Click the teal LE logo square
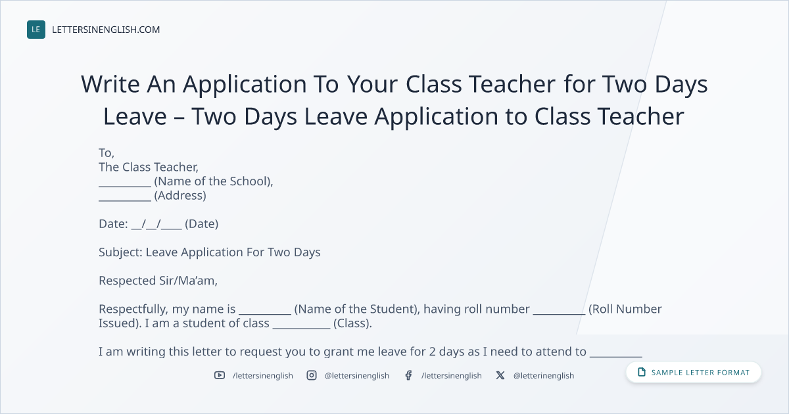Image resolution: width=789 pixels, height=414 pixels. coord(36,30)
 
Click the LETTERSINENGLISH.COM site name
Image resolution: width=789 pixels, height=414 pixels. coord(106,30)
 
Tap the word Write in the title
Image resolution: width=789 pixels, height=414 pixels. coord(110,84)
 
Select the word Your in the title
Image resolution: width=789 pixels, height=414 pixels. coord(372,85)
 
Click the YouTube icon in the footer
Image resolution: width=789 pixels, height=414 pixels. coord(220,375)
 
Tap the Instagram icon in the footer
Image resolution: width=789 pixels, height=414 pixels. coord(312,375)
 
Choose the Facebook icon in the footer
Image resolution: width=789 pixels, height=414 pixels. coord(408,375)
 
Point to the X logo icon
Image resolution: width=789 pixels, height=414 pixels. coord(500,375)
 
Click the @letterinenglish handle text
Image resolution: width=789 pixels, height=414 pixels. coord(544,376)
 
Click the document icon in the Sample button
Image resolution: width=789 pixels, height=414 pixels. coord(642,372)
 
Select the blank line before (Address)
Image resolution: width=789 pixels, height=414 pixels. coord(125,200)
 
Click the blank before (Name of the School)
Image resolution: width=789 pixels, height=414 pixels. coord(125,187)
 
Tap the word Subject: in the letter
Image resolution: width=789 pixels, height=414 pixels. coord(120,252)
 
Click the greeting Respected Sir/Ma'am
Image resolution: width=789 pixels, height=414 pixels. coord(158,281)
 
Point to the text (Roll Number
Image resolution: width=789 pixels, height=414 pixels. coord(625,309)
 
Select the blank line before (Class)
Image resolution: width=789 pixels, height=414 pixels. coord(302,329)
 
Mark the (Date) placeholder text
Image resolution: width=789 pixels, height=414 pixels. coord(201,224)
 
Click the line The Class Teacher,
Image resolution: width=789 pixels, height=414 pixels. coord(149,167)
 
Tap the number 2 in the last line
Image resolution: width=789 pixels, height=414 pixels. coord(432,352)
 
